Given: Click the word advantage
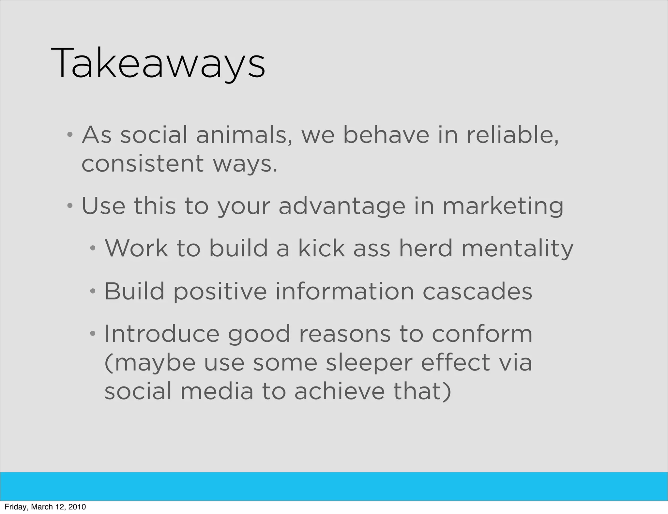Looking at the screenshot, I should point(342,206).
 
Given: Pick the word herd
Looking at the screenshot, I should point(426,248).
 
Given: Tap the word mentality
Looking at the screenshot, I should point(517,249).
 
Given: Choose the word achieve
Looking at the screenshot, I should point(340,391).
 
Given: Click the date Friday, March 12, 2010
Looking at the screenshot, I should point(45,507).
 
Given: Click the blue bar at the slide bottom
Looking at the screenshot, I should point(334,486).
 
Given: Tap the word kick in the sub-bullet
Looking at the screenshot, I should point(321,248).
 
